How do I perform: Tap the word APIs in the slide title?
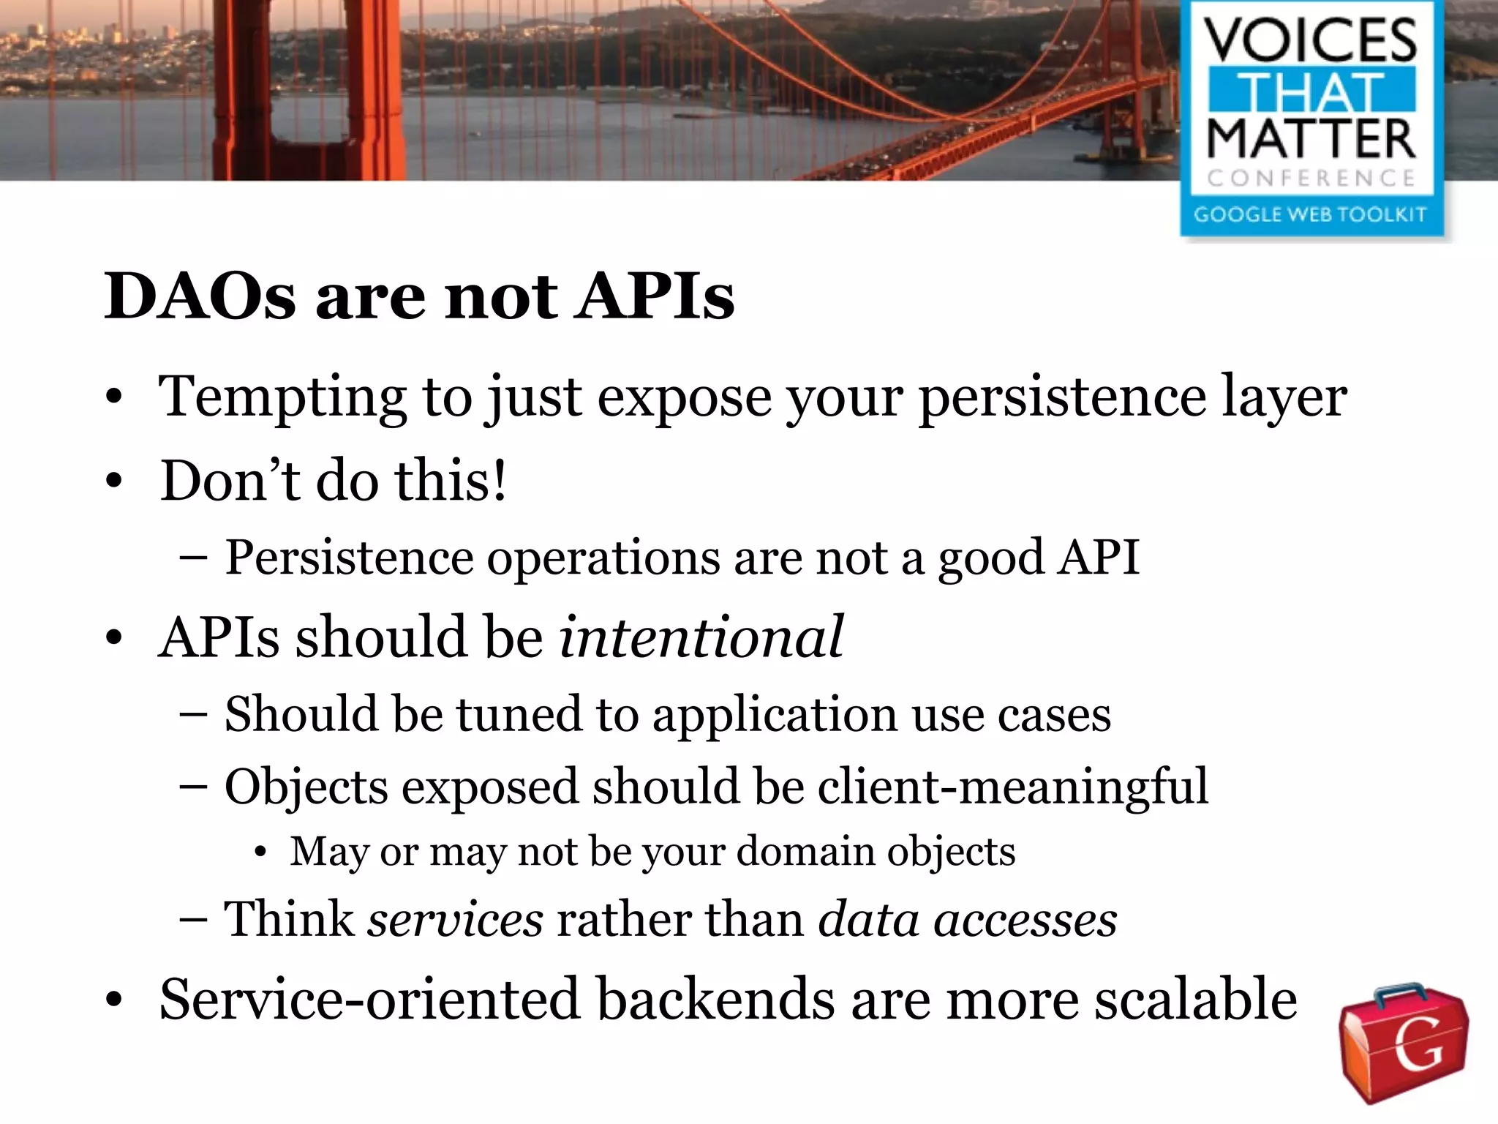654,297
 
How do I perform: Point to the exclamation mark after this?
499,481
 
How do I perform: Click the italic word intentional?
701,637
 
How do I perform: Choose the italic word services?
455,919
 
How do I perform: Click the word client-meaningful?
1013,787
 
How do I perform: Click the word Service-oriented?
370,1000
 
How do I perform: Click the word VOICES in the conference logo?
1311,42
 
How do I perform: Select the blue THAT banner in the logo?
1311,91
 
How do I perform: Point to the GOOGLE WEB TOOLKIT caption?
1311,214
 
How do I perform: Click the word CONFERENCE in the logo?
1311,178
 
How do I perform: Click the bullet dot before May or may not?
260,853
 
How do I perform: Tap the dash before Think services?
193,921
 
